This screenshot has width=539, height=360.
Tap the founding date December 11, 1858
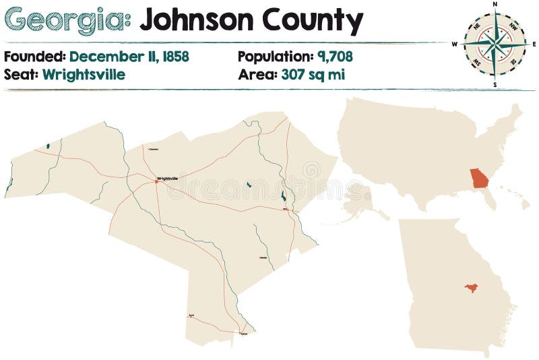[x=129, y=57]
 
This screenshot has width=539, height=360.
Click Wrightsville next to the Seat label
[x=84, y=74]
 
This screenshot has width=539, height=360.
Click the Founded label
[x=34, y=57]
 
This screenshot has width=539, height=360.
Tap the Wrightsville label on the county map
[x=168, y=178]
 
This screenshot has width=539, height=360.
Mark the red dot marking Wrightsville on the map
[x=156, y=181]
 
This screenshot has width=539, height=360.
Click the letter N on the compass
[x=495, y=4]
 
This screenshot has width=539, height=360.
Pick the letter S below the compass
[x=495, y=85]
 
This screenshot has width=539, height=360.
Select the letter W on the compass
[x=455, y=44]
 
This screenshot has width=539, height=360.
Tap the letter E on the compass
[x=534, y=44]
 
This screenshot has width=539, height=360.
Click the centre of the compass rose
[x=495, y=44]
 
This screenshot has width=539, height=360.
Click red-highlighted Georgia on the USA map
[x=480, y=178]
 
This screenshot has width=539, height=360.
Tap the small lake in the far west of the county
[x=48, y=146]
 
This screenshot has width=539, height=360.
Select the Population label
[x=274, y=57]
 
